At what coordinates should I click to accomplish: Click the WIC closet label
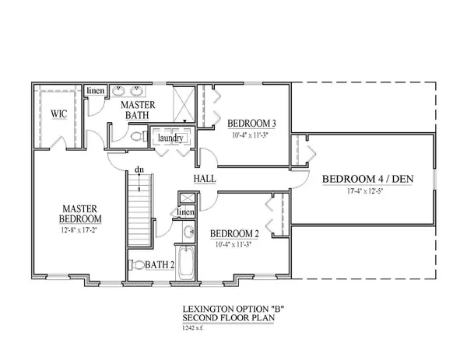click(60, 114)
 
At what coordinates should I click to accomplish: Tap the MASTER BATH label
click(136, 110)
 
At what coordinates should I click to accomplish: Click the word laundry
click(170, 138)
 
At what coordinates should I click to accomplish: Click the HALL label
click(205, 179)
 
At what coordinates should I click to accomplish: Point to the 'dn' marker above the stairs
click(139, 170)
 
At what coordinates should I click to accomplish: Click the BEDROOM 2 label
click(236, 232)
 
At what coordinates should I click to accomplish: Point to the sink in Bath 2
click(188, 232)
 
